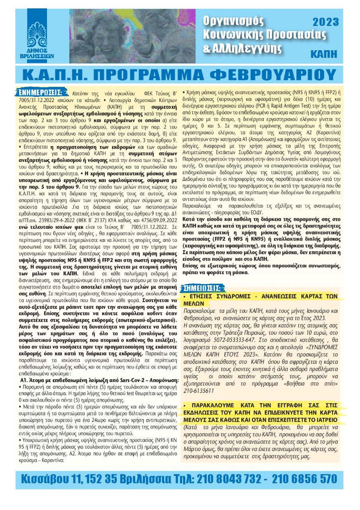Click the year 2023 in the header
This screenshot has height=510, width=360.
(x=325, y=22)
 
